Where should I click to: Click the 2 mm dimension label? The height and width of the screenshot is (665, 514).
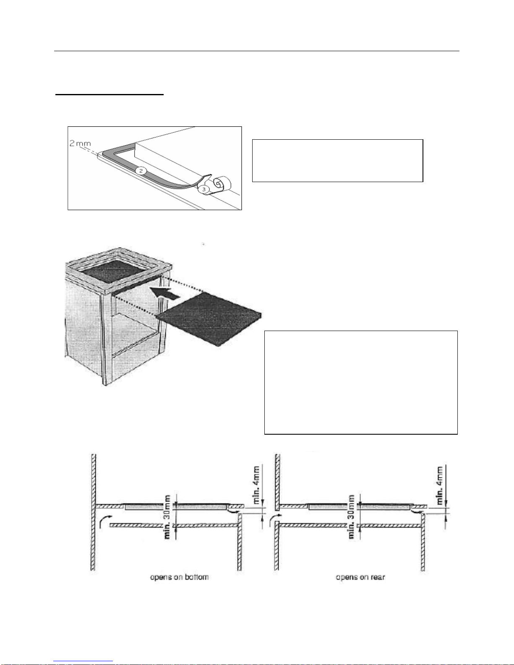(x=80, y=143)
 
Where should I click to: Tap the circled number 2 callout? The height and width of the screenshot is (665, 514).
(x=141, y=171)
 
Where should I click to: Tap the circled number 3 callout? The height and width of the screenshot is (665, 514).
(x=204, y=190)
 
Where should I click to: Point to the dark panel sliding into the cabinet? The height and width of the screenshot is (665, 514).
(x=210, y=319)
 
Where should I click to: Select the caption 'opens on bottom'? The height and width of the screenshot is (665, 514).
(x=179, y=577)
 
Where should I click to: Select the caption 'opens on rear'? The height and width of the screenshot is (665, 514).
(x=360, y=577)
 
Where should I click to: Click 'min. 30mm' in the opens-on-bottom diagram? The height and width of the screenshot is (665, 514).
(x=167, y=517)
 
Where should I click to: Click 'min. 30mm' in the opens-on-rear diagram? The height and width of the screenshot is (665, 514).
(x=352, y=517)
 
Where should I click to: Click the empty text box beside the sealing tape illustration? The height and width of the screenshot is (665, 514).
(x=337, y=161)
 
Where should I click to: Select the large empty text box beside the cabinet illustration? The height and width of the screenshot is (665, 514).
(x=361, y=382)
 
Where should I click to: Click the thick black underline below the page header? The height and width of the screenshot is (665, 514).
(x=109, y=94)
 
